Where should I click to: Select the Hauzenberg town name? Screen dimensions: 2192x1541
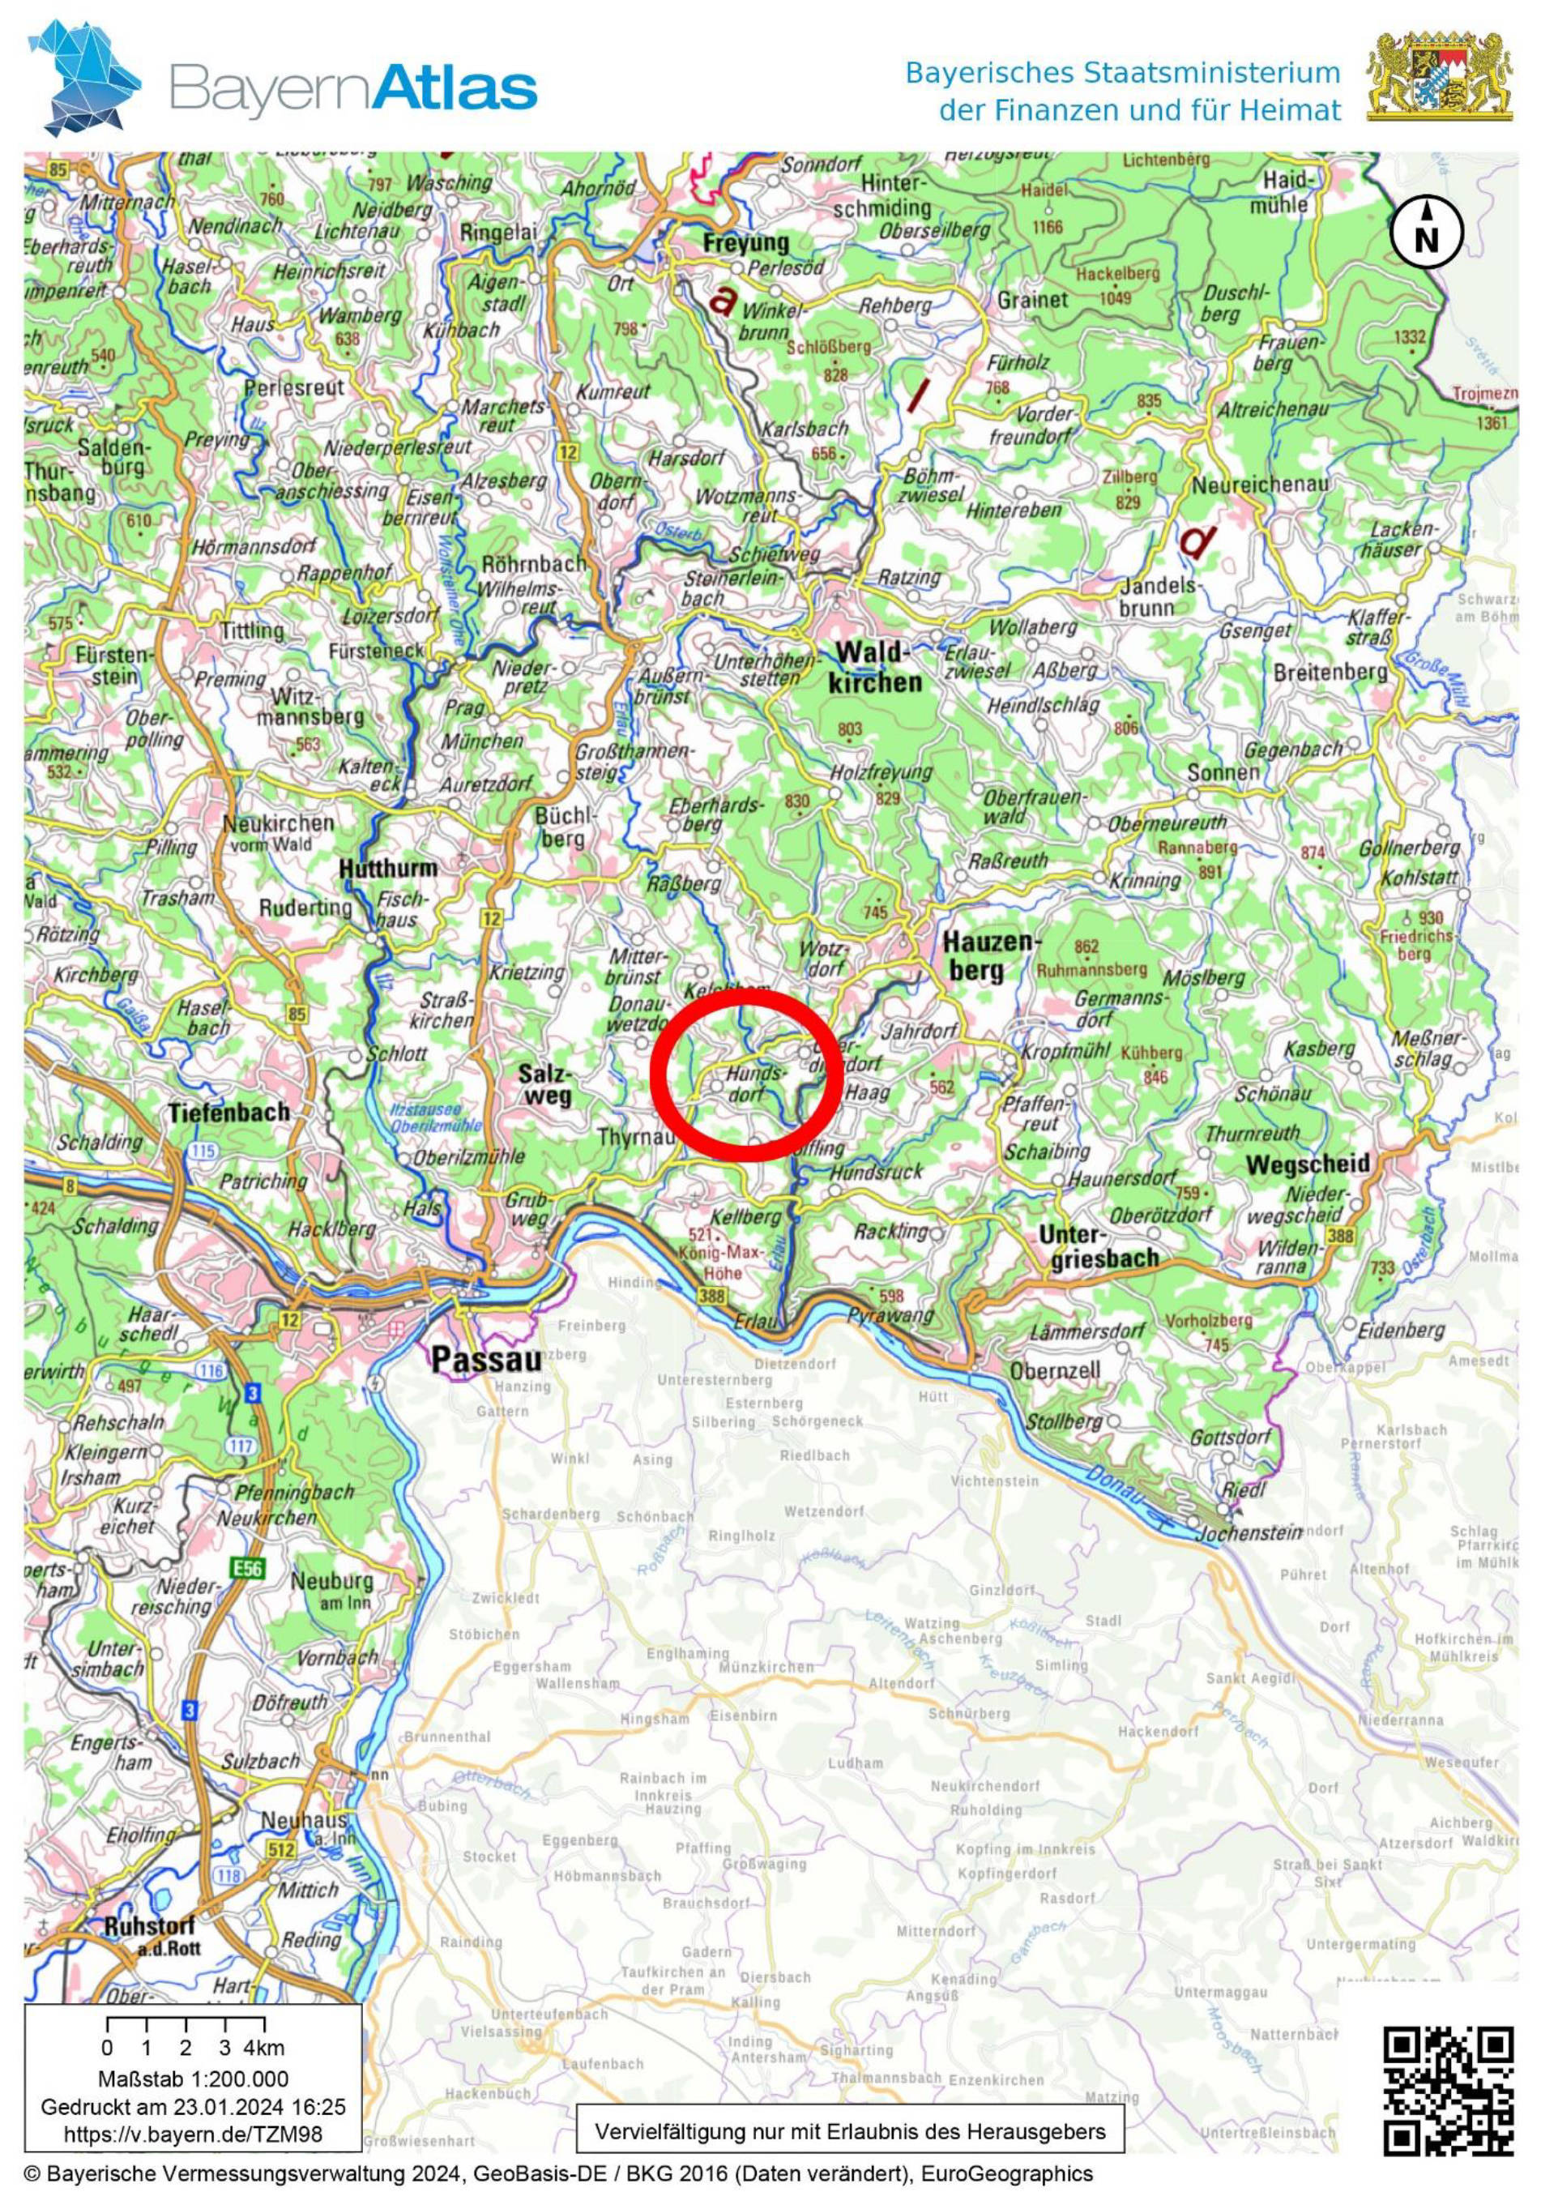(988, 955)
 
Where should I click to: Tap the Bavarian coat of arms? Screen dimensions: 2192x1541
(1439, 75)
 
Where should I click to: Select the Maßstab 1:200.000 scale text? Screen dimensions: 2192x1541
(192, 2078)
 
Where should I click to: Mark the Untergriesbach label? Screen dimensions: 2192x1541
(1097, 1246)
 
